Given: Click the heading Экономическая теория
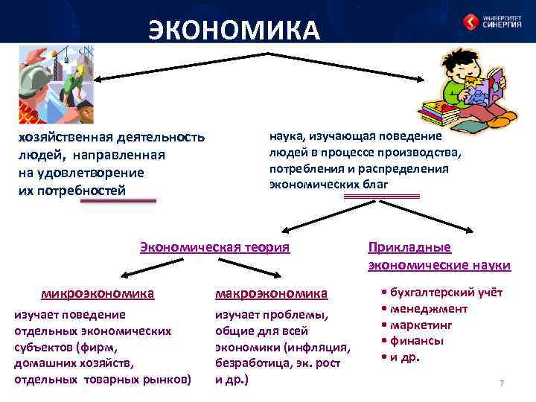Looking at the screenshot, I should click(x=214, y=247).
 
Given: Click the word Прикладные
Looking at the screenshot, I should click(x=409, y=248).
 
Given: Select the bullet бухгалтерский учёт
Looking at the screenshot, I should click(x=444, y=293).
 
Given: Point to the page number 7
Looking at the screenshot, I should click(x=502, y=383).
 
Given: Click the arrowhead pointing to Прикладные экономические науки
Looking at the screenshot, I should click(x=469, y=232).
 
